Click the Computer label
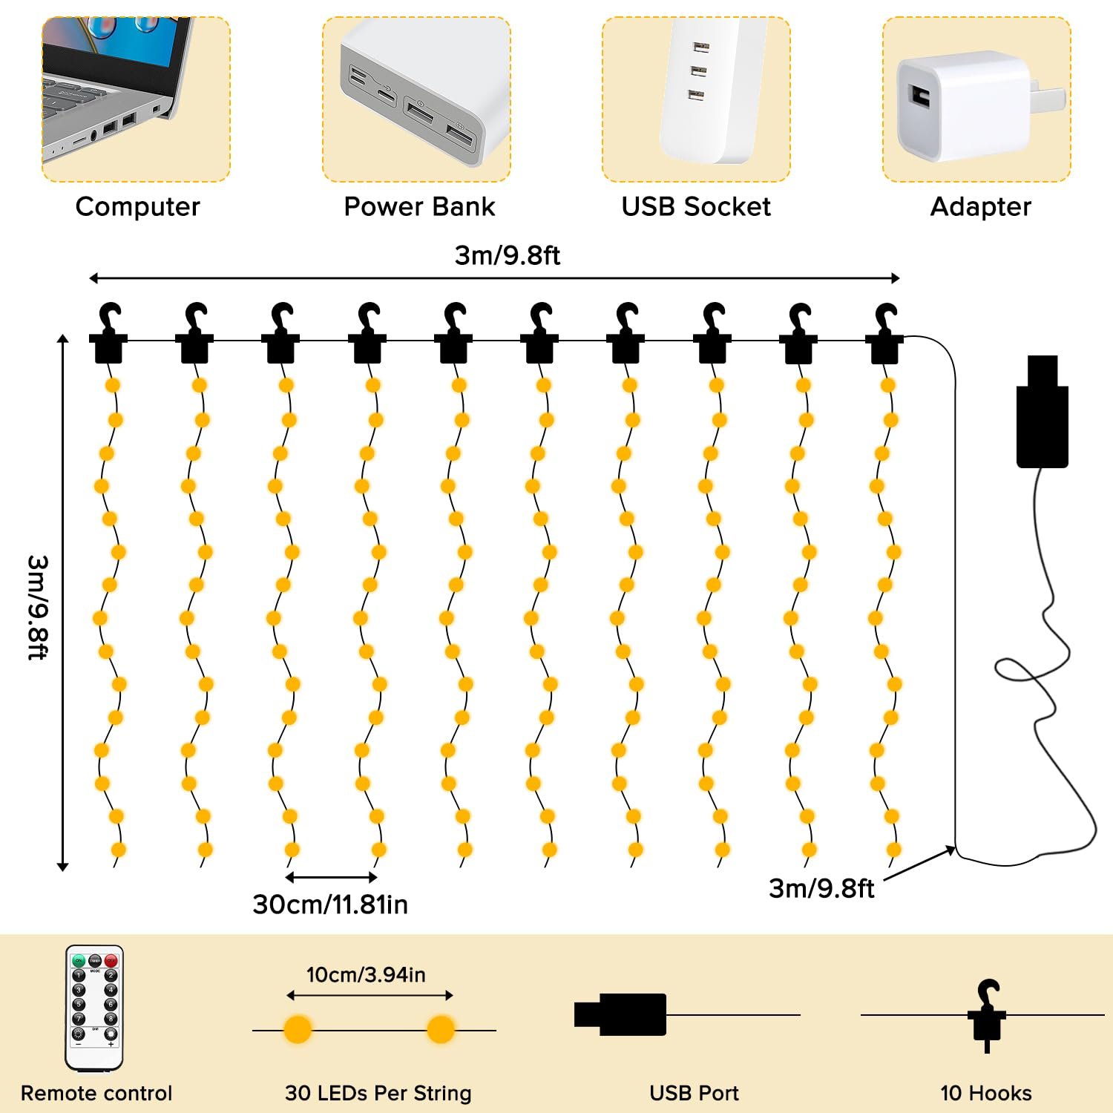138,206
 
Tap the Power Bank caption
419,206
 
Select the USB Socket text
696,206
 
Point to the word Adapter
981,206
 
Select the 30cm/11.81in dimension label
330,904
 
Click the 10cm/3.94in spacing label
366,974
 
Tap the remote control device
95,1008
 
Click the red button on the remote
111,961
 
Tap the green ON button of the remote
79,961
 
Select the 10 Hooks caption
986,1093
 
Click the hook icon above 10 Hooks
988,1015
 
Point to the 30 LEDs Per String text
378,1093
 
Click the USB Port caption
694,1093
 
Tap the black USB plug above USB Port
620,1014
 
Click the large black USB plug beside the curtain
1043,412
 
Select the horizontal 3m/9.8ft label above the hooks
508,255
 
